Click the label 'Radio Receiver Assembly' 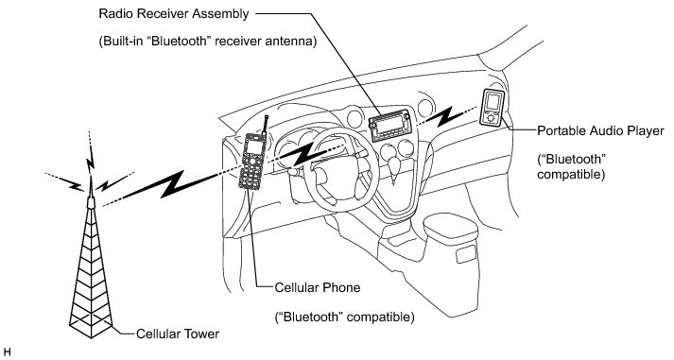[174, 14]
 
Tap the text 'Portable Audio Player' [600, 130]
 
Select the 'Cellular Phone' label [318, 287]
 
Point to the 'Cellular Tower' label [178, 334]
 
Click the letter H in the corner [7, 352]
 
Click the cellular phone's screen [254, 146]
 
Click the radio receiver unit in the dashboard [389, 125]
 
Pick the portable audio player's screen [493, 102]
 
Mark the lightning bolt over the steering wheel [306, 154]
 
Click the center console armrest [450, 229]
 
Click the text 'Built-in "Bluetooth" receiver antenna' [208, 42]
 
